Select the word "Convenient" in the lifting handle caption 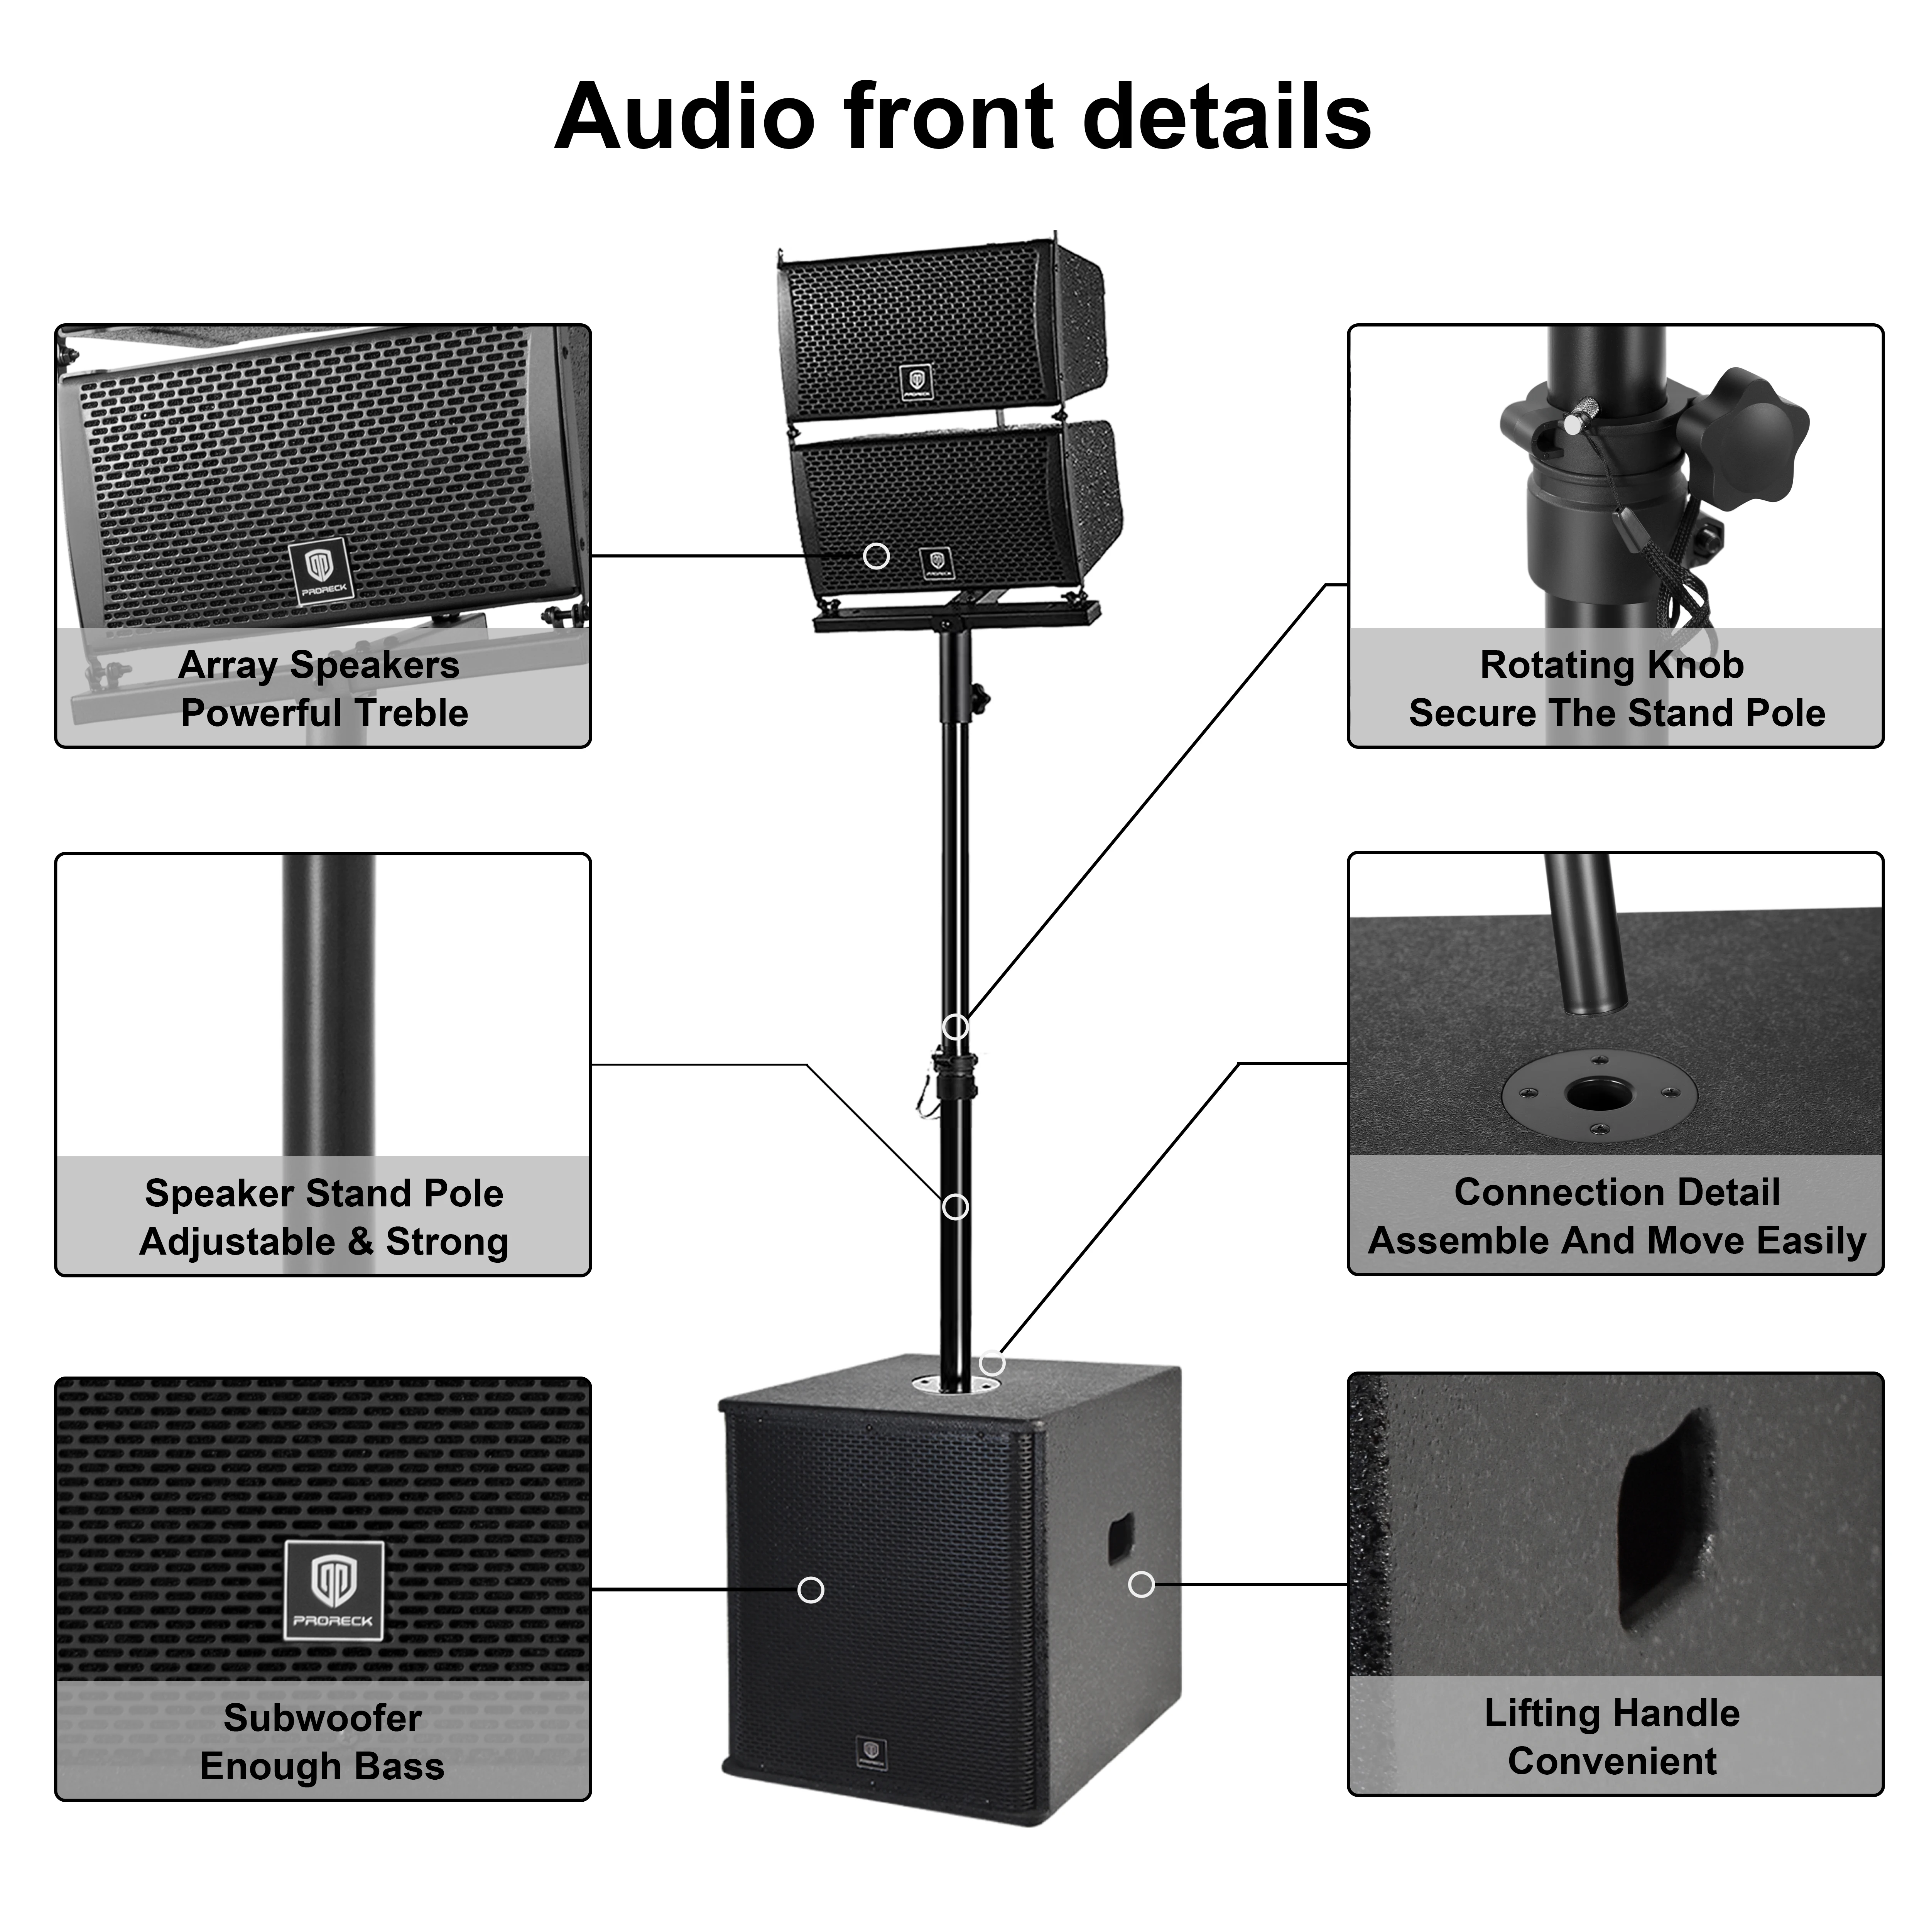tap(1613, 1761)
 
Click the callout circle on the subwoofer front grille tap(811, 1589)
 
